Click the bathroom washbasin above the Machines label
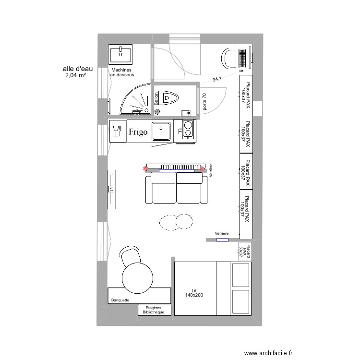121,55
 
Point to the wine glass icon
116,130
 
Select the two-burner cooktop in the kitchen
188,130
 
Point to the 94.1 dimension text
218,80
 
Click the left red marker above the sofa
146,168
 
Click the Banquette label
120,300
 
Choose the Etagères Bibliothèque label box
155,310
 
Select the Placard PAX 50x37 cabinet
245,251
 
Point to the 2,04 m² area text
75,75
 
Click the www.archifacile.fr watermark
268,353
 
